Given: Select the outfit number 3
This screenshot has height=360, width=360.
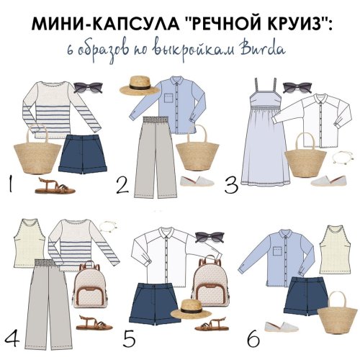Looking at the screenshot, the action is pos(231,184).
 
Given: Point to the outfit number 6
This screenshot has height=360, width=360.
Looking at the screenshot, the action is pos(253,338).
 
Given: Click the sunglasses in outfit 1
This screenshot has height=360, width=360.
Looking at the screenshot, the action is pos(88,87).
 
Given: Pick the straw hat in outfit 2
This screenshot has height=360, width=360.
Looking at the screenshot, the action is pos(140,85).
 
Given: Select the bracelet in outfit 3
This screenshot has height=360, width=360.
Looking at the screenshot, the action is pos(343,157).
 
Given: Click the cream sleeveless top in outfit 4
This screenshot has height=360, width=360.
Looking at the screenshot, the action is pos(30,243).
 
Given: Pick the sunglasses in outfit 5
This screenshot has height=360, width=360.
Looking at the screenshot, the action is pos(210,237).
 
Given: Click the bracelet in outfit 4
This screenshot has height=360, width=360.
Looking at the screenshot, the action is pos(108,225).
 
